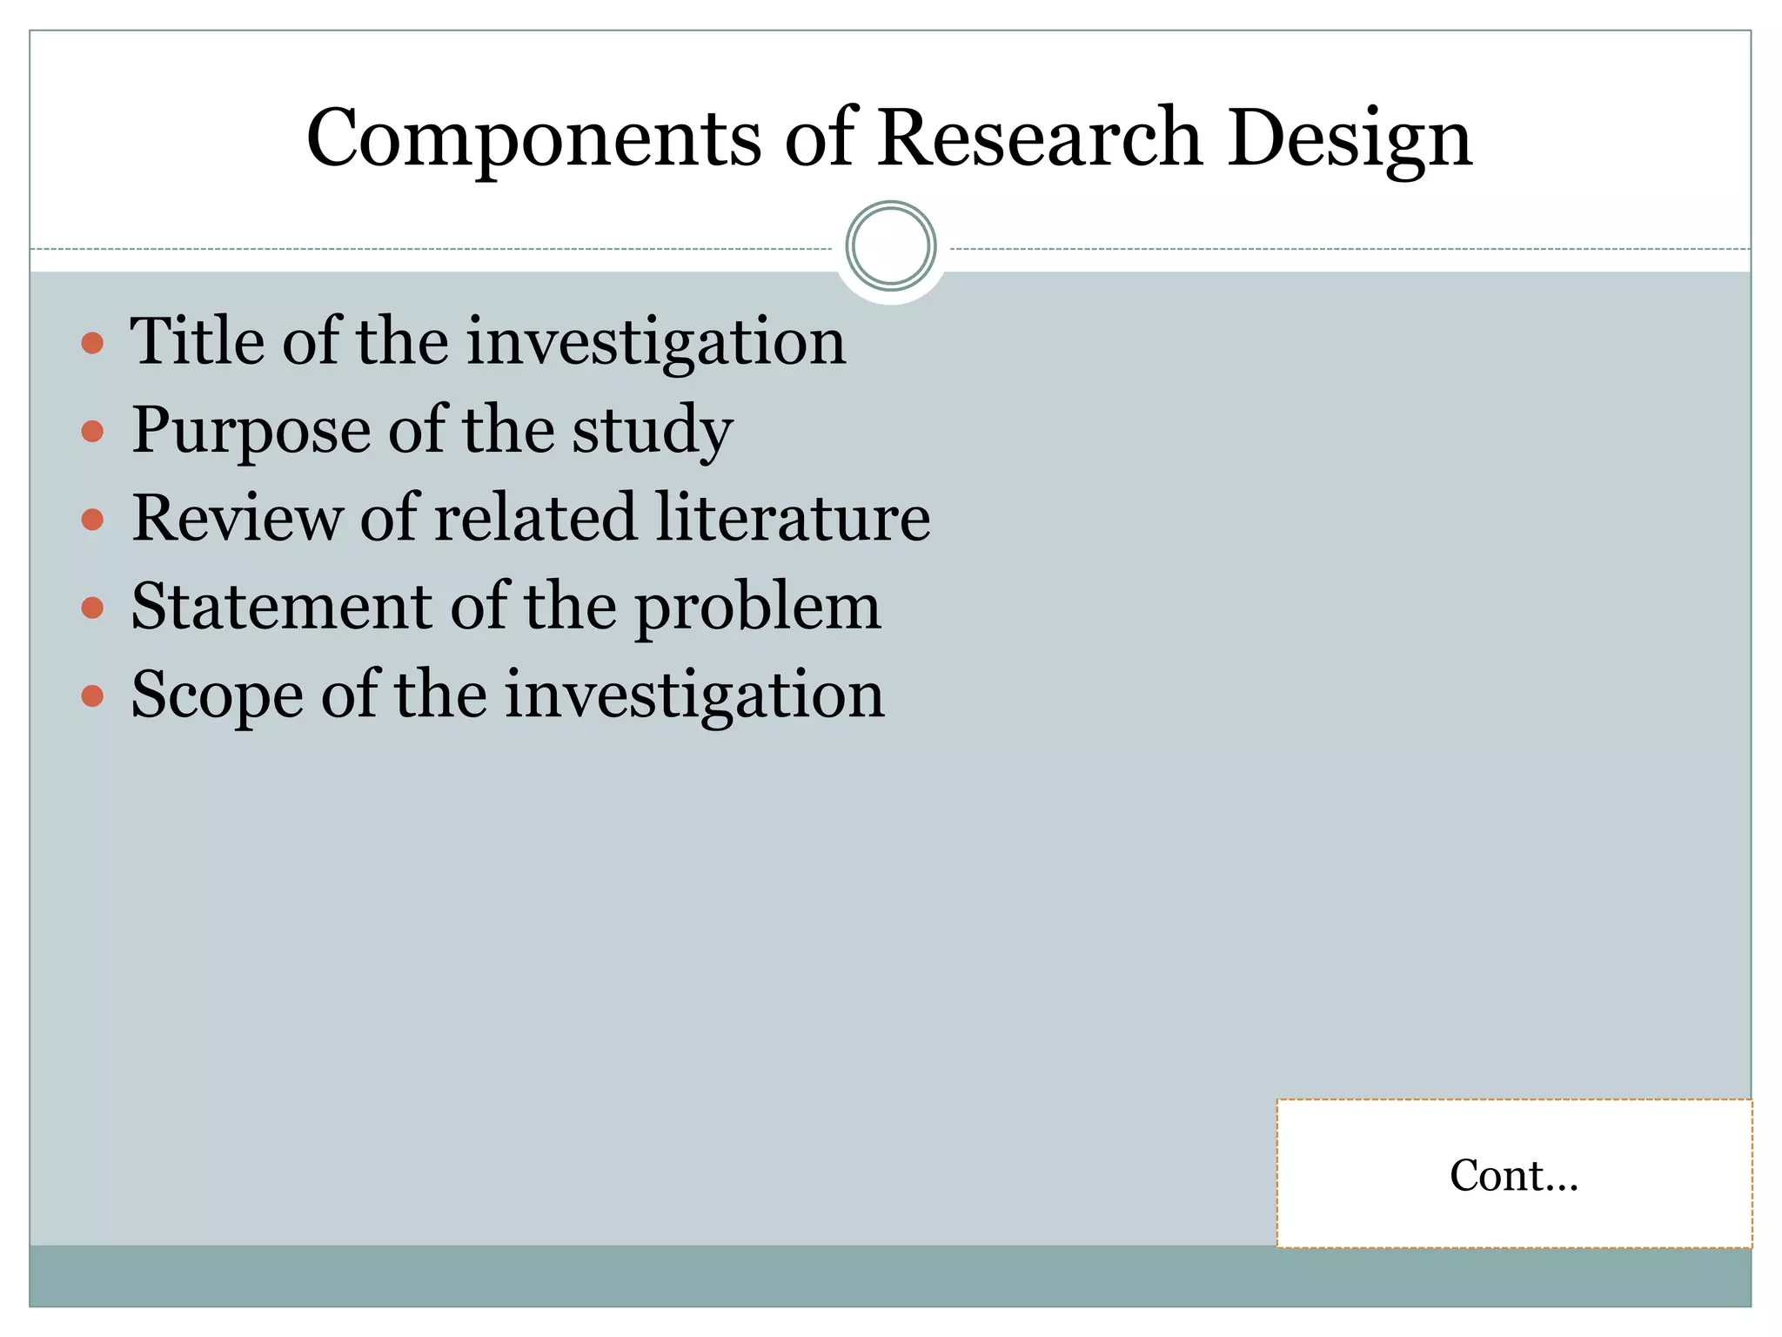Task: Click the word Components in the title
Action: click(533, 139)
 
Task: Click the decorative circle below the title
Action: click(890, 246)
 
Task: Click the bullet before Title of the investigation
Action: click(92, 343)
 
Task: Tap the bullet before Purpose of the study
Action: click(92, 431)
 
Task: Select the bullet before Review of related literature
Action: click(92, 520)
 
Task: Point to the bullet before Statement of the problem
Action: click(92, 608)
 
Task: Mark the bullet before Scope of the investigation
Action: click(92, 695)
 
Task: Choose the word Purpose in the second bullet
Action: click(250, 430)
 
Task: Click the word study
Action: click(653, 430)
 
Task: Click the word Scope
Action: click(217, 695)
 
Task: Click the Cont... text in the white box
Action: click(1513, 1175)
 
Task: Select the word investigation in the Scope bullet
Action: click(694, 695)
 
